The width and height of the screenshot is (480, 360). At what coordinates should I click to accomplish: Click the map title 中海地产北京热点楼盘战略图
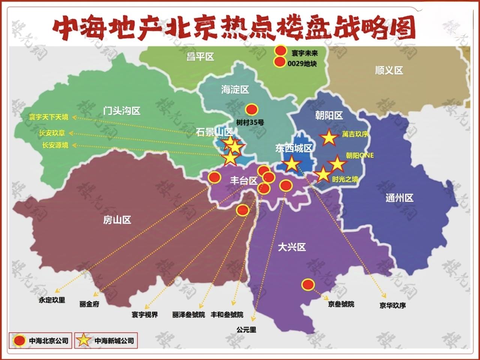[x=234, y=28]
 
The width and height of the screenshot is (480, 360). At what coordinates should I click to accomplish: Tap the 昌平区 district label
[x=200, y=57]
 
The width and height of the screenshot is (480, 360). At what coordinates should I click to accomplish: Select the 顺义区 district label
[x=389, y=70]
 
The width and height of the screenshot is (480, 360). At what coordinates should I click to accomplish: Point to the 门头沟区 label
[x=121, y=111]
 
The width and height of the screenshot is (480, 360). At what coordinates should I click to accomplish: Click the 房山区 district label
[x=117, y=220]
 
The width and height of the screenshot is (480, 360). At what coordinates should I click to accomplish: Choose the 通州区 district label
[x=399, y=198]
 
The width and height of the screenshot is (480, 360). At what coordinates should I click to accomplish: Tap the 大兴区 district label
[x=292, y=247]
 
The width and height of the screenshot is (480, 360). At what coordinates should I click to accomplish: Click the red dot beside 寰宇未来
[x=280, y=51]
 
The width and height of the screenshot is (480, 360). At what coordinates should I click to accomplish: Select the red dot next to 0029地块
[x=280, y=62]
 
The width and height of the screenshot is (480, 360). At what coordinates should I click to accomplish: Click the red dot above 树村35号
[x=252, y=109]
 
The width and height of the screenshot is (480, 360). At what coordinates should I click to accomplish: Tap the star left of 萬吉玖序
[x=329, y=138]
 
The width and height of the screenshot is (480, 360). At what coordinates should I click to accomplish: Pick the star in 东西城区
[x=291, y=164]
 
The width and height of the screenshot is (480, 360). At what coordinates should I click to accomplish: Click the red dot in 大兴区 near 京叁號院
[x=308, y=285]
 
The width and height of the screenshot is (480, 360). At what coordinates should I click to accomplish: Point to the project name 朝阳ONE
[x=360, y=155]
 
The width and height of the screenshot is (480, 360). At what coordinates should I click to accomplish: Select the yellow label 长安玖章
[x=52, y=133]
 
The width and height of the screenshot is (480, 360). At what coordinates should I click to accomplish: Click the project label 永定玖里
[x=52, y=300]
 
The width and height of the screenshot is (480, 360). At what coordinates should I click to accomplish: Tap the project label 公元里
[x=246, y=330]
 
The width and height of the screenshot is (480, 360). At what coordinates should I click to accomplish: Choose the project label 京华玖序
[x=392, y=305]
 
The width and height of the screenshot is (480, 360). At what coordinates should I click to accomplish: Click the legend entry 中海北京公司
[x=40, y=341]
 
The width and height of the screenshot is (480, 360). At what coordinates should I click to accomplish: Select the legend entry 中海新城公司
[x=106, y=341]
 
